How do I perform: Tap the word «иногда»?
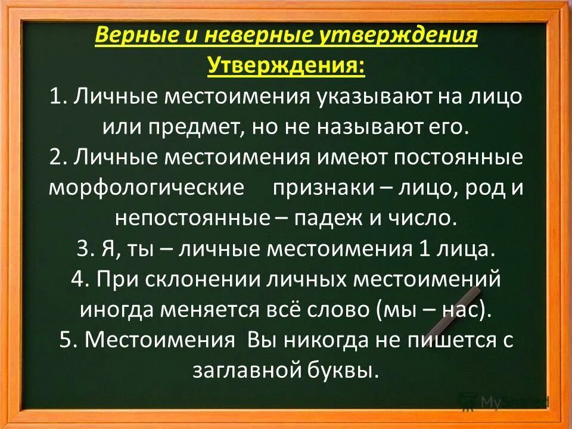[116, 310]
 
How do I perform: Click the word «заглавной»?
[240, 371]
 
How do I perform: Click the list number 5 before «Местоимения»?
[66, 340]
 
